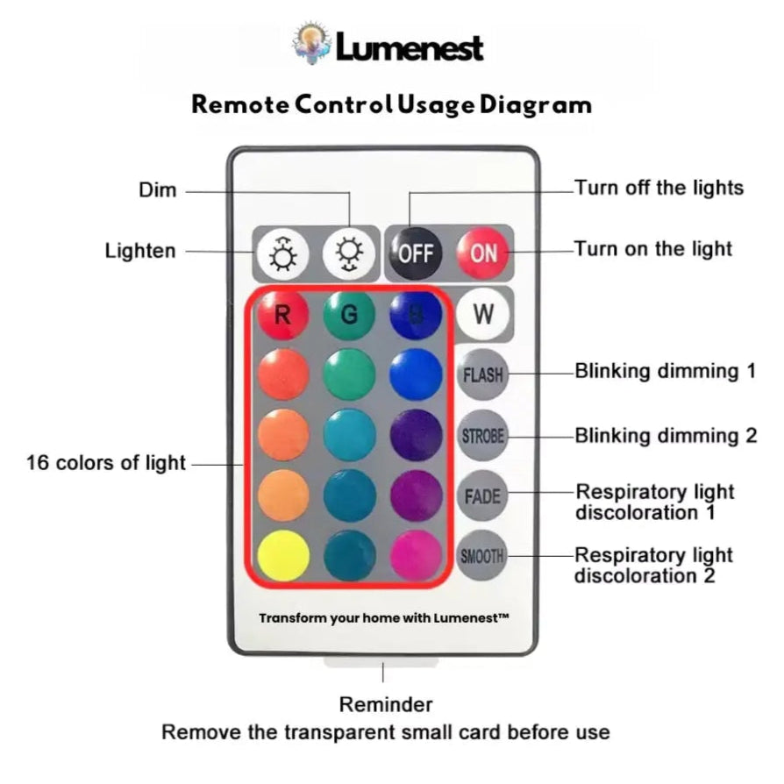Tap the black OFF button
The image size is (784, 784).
click(x=416, y=253)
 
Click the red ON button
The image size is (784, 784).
click(x=482, y=253)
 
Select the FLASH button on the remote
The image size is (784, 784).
click(x=482, y=374)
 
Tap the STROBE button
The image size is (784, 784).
click(x=482, y=435)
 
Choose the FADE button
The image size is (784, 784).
click(x=482, y=495)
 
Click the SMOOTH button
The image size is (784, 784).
click(x=482, y=555)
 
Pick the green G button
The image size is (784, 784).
click(x=349, y=314)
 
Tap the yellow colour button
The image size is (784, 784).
click(x=283, y=555)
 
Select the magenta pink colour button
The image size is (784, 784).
click(x=416, y=555)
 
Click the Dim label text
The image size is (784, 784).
click(x=158, y=190)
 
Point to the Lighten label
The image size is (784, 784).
click(x=140, y=251)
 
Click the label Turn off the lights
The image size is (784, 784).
click(x=659, y=188)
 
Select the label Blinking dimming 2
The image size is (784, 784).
click(x=666, y=435)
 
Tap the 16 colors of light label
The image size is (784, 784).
click(x=106, y=462)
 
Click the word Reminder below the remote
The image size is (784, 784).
click(x=386, y=704)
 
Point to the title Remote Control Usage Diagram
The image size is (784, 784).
click(x=391, y=104)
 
